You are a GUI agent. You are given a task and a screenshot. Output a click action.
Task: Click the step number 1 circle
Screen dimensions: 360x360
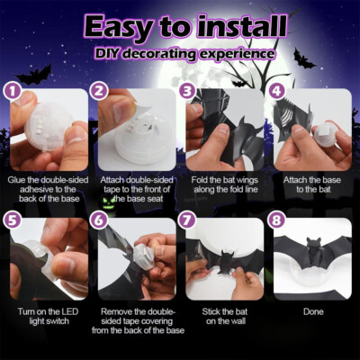click(x=13, y=92)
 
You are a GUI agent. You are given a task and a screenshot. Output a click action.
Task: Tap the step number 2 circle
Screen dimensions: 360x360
click(x=99, y=92)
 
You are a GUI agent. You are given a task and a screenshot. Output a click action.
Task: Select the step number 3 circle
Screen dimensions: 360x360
click(x=187, y=92)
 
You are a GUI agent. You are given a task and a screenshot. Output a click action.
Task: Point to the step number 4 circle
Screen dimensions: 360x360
click(x=276, y=92)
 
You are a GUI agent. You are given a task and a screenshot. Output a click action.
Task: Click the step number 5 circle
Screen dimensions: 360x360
click(x=13, y=220)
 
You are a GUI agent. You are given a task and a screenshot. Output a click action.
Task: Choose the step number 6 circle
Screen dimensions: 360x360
click(x=99, y=220)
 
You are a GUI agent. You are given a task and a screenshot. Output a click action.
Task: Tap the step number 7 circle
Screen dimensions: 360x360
click(x=187, y=220)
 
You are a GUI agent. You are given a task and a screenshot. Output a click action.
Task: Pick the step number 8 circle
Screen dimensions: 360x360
click(x=276, y=220)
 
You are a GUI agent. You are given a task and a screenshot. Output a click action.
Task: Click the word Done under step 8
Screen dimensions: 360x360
click(x=313, y=311)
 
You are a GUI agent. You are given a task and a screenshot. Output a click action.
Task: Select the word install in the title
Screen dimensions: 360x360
click(x=242, y=26)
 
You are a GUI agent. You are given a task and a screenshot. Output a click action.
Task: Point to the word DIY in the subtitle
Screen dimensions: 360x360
click(x=108, y=53)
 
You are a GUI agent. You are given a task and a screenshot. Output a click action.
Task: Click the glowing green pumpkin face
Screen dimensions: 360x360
click(x=106, y=201)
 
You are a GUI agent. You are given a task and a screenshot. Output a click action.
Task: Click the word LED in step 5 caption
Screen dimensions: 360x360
click(x=69, y=311)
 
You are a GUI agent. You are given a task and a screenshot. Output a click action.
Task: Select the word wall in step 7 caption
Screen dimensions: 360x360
click(x=237, y=321)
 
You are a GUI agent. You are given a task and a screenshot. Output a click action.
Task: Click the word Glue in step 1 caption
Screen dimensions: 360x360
click(x=15, y=180)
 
